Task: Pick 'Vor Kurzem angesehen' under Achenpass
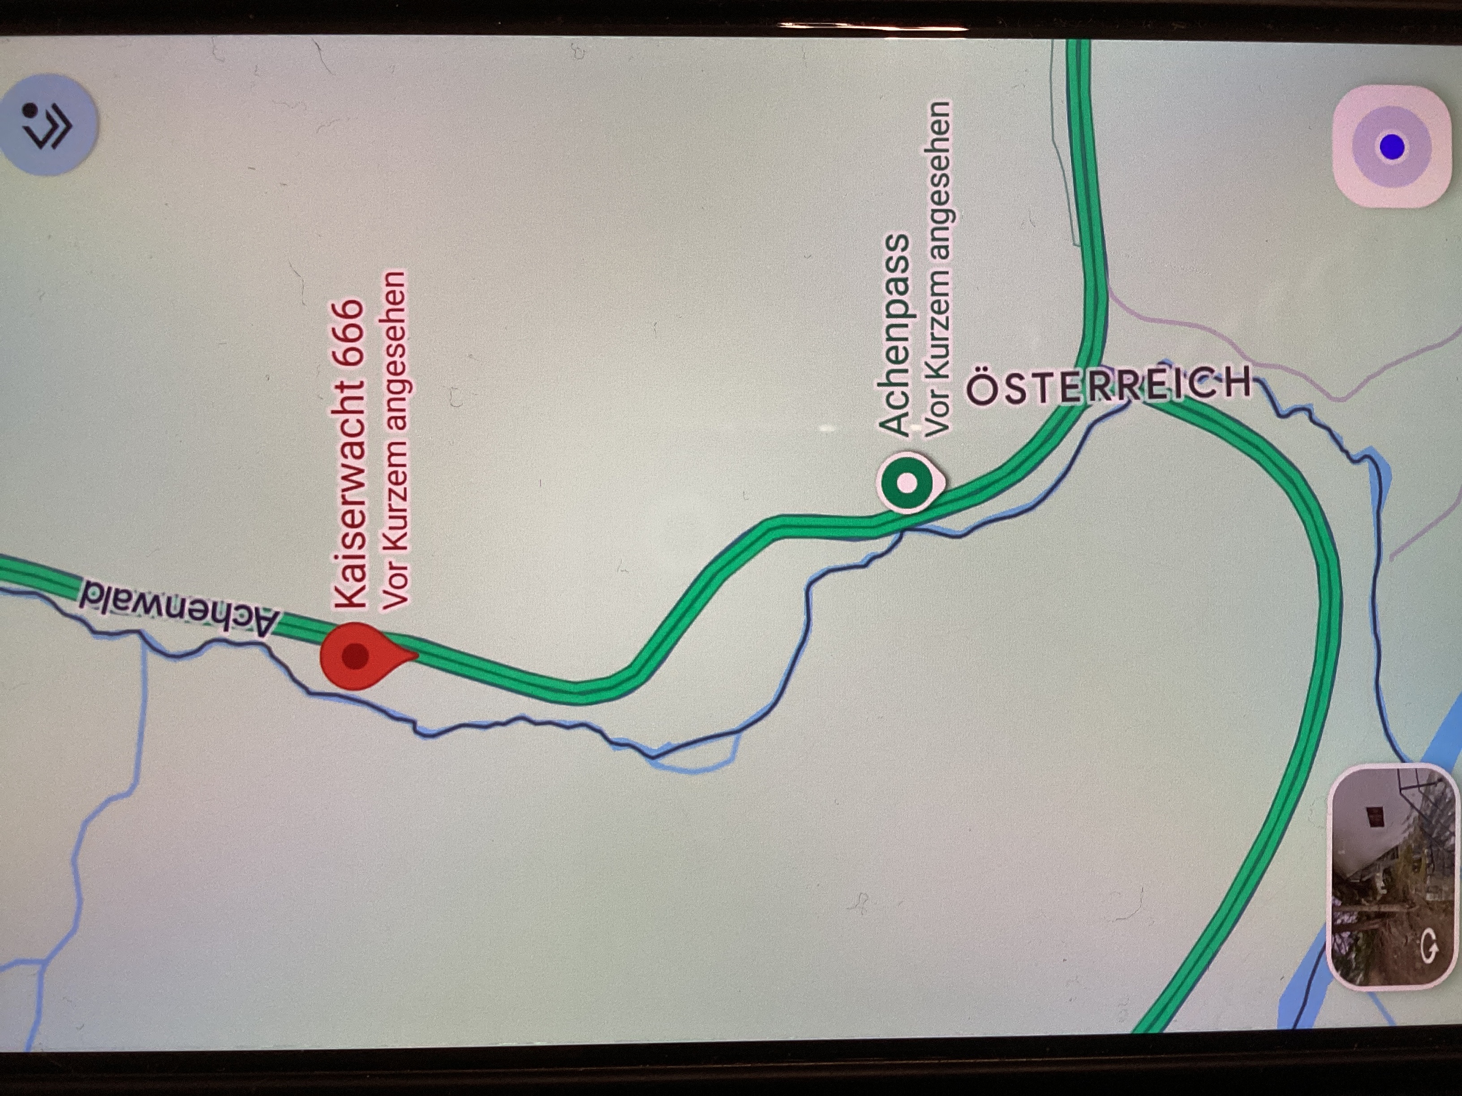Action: [938, 268]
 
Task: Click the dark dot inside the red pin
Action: [355, 656]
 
